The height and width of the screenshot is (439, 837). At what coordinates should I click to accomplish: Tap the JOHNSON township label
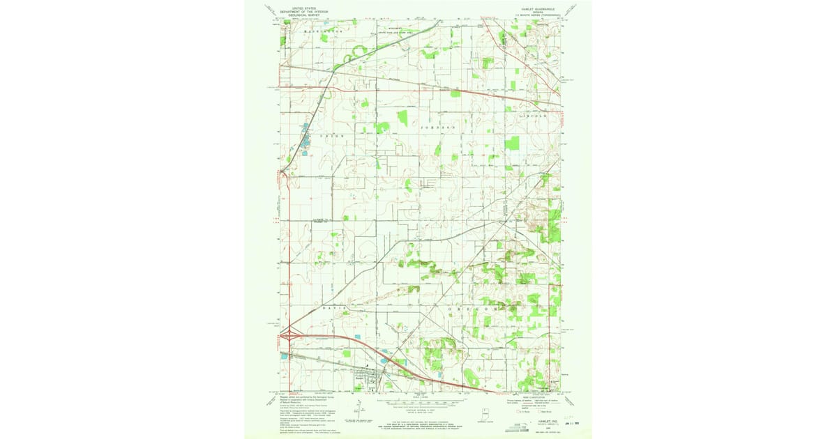[437, 128]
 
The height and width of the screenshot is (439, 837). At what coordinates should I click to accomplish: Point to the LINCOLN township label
[534, 115]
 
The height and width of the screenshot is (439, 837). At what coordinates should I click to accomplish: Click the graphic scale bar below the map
[419, 402]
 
